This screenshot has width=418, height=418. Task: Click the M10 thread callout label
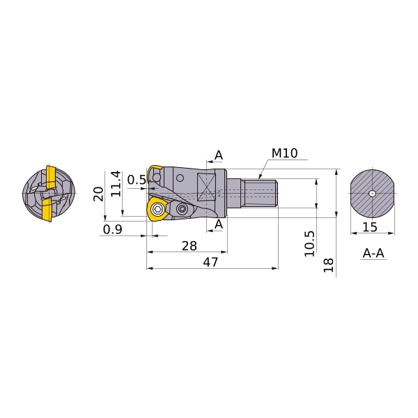284,153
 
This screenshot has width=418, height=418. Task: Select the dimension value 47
210,263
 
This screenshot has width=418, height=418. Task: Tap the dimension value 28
189,246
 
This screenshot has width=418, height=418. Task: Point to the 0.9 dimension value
112,229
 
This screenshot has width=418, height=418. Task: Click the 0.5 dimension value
137,180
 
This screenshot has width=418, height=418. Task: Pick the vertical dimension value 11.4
116,184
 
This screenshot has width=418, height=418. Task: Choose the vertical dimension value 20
98,194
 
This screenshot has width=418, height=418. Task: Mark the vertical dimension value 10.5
309,244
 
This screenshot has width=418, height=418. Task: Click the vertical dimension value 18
329,265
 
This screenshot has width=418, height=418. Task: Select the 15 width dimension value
370,227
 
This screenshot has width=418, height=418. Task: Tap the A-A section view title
373,253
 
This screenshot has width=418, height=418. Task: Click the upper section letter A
219,155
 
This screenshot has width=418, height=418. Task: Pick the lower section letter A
219,224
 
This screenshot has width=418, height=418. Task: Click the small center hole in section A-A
372,194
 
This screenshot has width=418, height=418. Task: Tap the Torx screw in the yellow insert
157,209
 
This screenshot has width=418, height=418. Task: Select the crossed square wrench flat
206,187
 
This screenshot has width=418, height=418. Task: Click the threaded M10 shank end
261,193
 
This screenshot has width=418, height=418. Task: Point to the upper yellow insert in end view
50,177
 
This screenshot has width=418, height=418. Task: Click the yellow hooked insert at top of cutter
155,170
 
